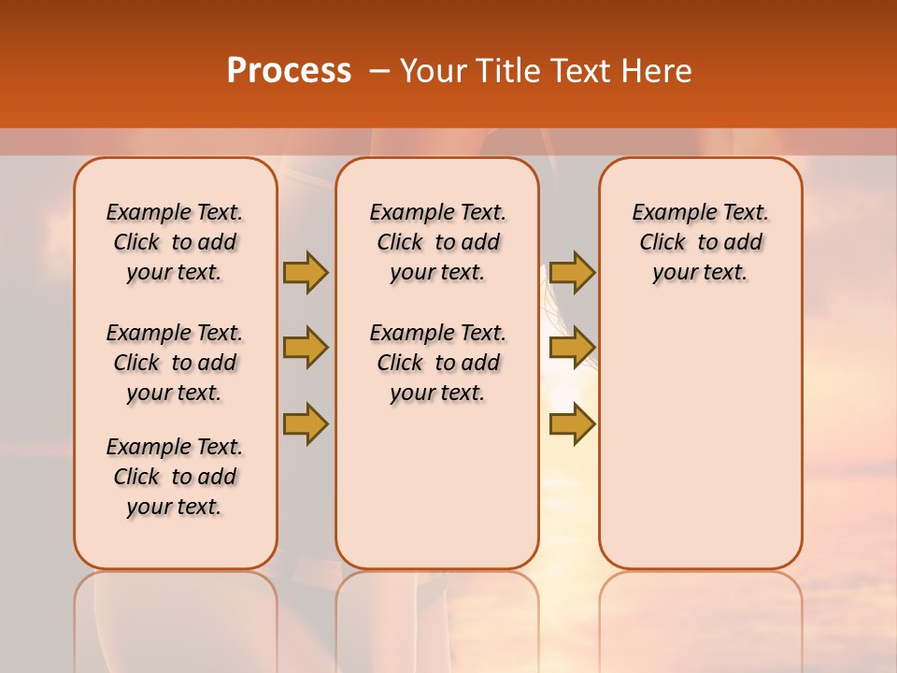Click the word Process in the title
tap(289, 71)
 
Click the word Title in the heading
tap(506, 71)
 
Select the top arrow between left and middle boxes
tap(306, 272)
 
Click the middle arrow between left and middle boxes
tap(306, 349)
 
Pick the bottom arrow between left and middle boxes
tap(306, 423)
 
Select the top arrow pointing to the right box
tap(572, 272)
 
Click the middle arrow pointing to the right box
tap(572, 349)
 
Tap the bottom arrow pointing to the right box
tap(572, 423)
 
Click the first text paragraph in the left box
tap(175, 242)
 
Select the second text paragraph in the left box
tap(175, 363)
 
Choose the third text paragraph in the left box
tap(175, 477)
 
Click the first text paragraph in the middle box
tap(438, 242)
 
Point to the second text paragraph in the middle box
tap(438, 363)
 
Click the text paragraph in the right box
tap(701, 242)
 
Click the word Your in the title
tap(432, 71)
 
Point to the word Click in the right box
tap(662, 243)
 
